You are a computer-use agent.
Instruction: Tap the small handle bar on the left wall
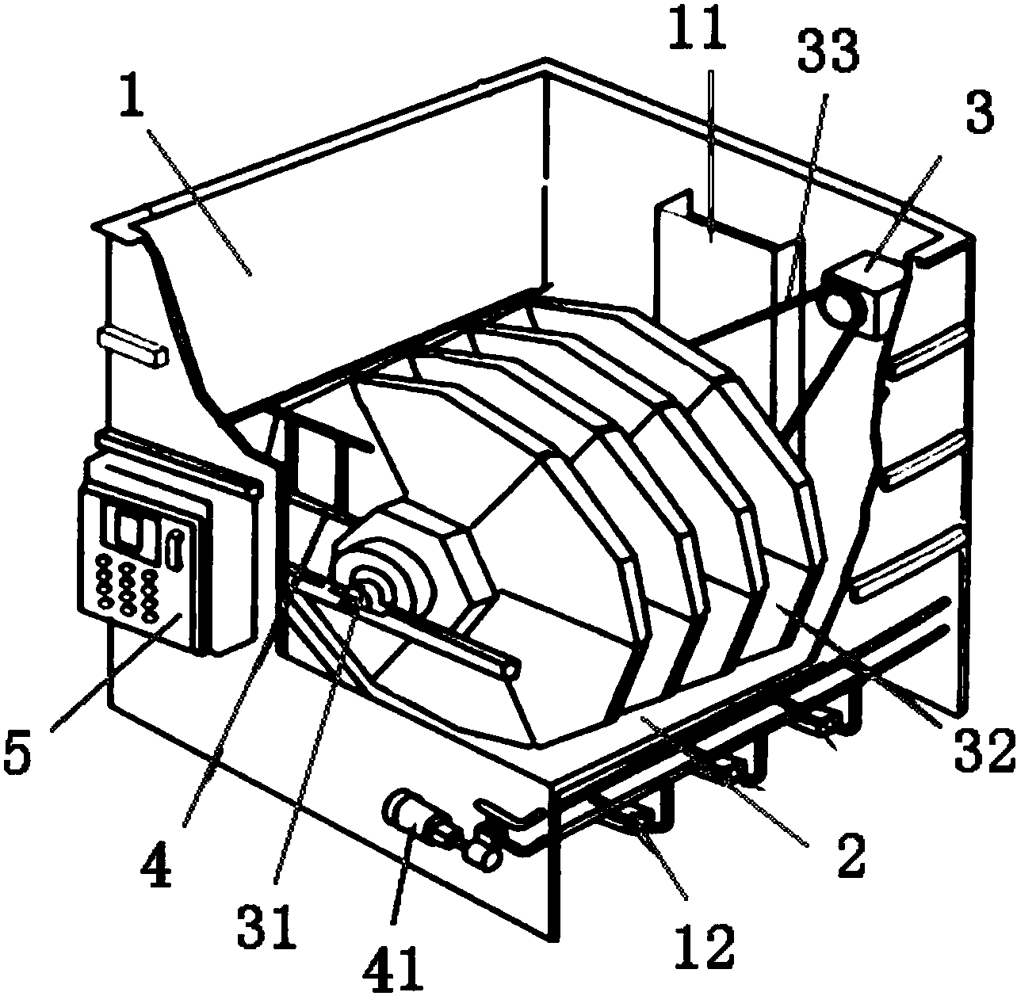[132, 345]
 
